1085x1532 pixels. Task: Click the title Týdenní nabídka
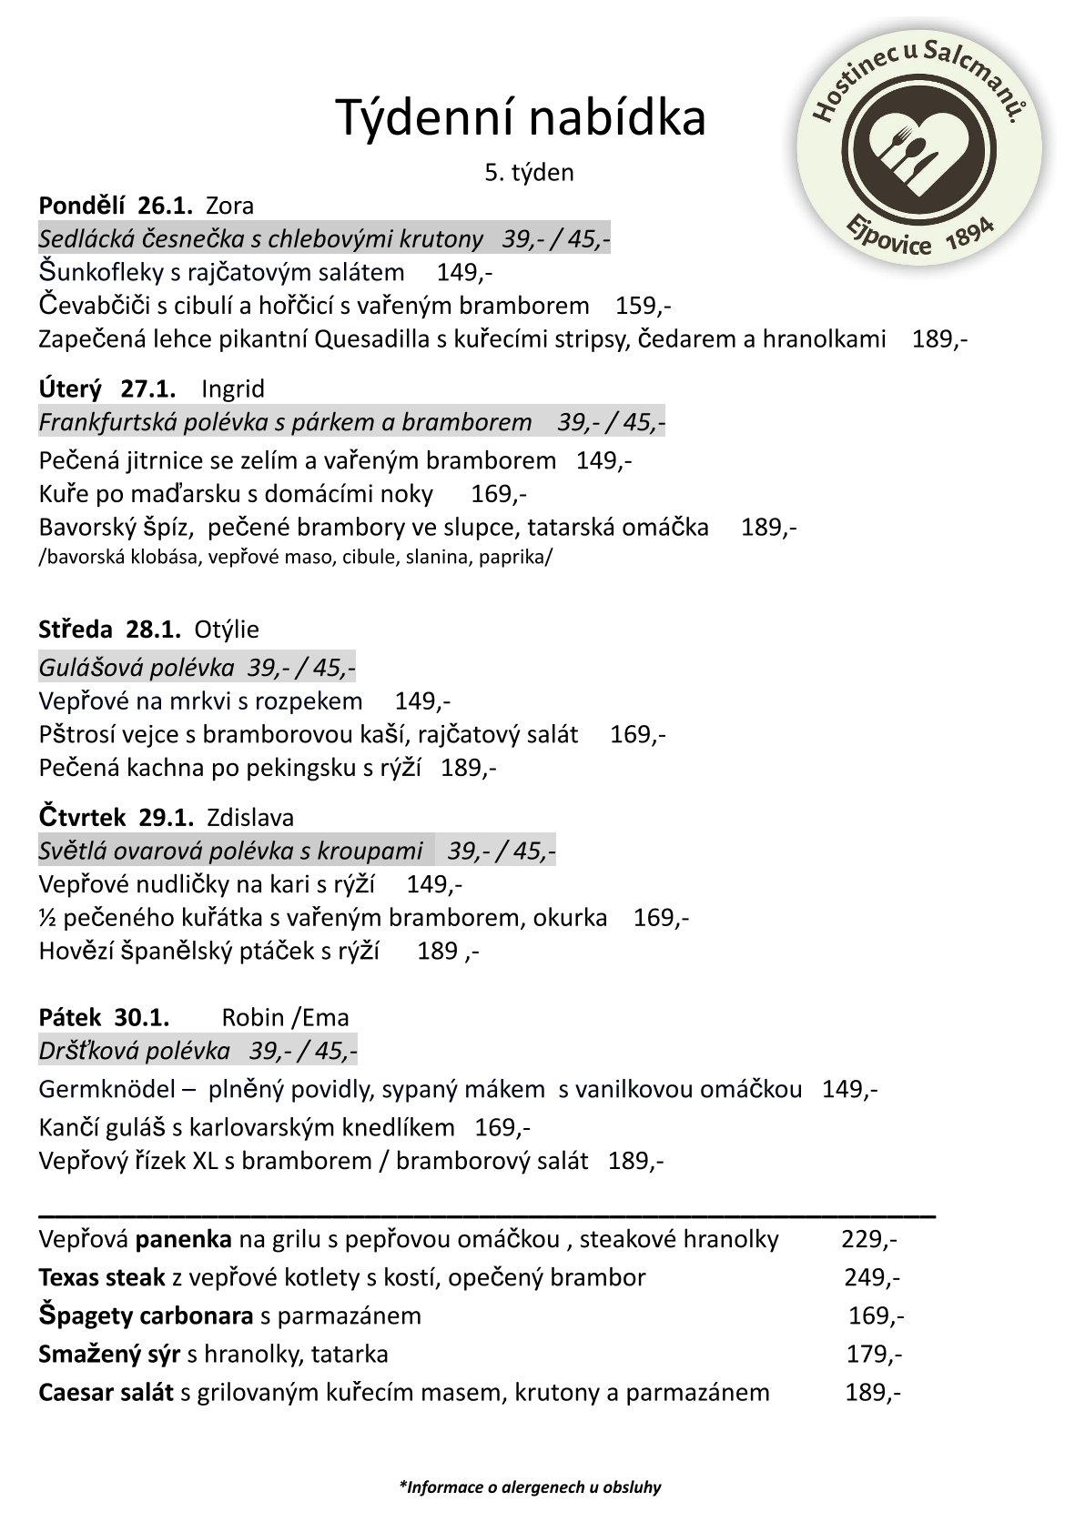(x=521, y=117)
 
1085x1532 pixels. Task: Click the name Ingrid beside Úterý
(x=233, y=389)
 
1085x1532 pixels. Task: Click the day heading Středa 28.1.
(x=110, y=630)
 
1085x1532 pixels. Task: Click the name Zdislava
(x=250, y=818)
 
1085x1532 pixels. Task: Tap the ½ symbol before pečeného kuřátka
(x=47, y=918)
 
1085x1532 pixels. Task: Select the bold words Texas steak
(x=102, y=1278)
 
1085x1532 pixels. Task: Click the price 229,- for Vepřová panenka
(x=869, y=1240)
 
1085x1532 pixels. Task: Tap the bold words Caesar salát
(x=106, y=1393)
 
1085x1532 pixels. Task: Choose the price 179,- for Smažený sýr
(x=874, y=1355)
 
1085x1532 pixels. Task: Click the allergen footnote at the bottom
(x=530, y=1488)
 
